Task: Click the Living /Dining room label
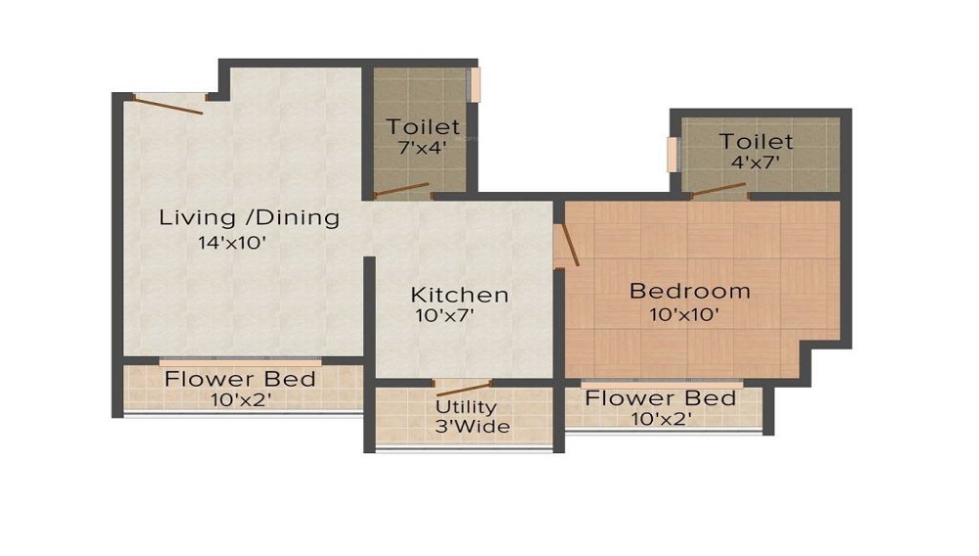[x=249, y=217]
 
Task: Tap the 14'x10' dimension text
[x=232, y=243]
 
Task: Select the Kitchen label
[x=459, y=295]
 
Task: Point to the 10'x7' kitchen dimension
[x=444, y=315]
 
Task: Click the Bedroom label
[x=689, y=291]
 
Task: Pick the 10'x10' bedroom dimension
[x=684, y=314]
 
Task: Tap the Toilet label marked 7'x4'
[x=422, y=127]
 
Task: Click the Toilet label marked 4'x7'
[x=756, y=142]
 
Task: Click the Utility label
[x=466, y=407]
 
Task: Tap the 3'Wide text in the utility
[x=472, y=427]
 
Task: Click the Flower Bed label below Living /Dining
[x=239, y=379]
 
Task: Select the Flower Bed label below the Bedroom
[x=660, y=398]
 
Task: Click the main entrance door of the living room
[x=169, y=102]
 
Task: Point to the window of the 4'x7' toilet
[x=673, y=154]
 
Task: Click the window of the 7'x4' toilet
[x=475, y=84]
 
